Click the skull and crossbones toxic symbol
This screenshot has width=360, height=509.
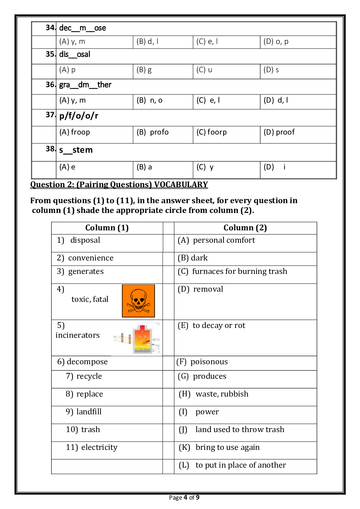[x=138, y=301]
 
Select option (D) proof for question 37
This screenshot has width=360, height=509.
[x=279, y=132]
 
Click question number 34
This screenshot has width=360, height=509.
[x=50, y=28]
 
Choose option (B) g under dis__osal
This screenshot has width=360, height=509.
[x=144, y=70]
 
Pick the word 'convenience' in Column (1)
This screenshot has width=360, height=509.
[x=91, y=258]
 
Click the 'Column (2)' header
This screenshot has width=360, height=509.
[x=245, y=228]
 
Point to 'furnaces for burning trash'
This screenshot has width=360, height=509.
[x=240, y=271]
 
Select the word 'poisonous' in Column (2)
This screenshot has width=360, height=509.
[x=209, y=362]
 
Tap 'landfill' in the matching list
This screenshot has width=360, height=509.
[x=89, y=412]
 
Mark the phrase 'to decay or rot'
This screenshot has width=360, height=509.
[x=219, y=325]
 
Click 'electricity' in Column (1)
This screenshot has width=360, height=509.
[x=99, y=447]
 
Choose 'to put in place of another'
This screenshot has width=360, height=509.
[x=241, y=465]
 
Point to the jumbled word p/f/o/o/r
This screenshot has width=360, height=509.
[x=79, y=116]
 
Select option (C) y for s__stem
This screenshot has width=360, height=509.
[x=205, y=167]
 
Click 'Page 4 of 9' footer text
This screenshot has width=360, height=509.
[x=184, y=497]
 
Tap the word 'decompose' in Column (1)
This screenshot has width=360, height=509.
[x=87, y=362]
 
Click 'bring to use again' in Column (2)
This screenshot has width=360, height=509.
[x=228, y=447]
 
